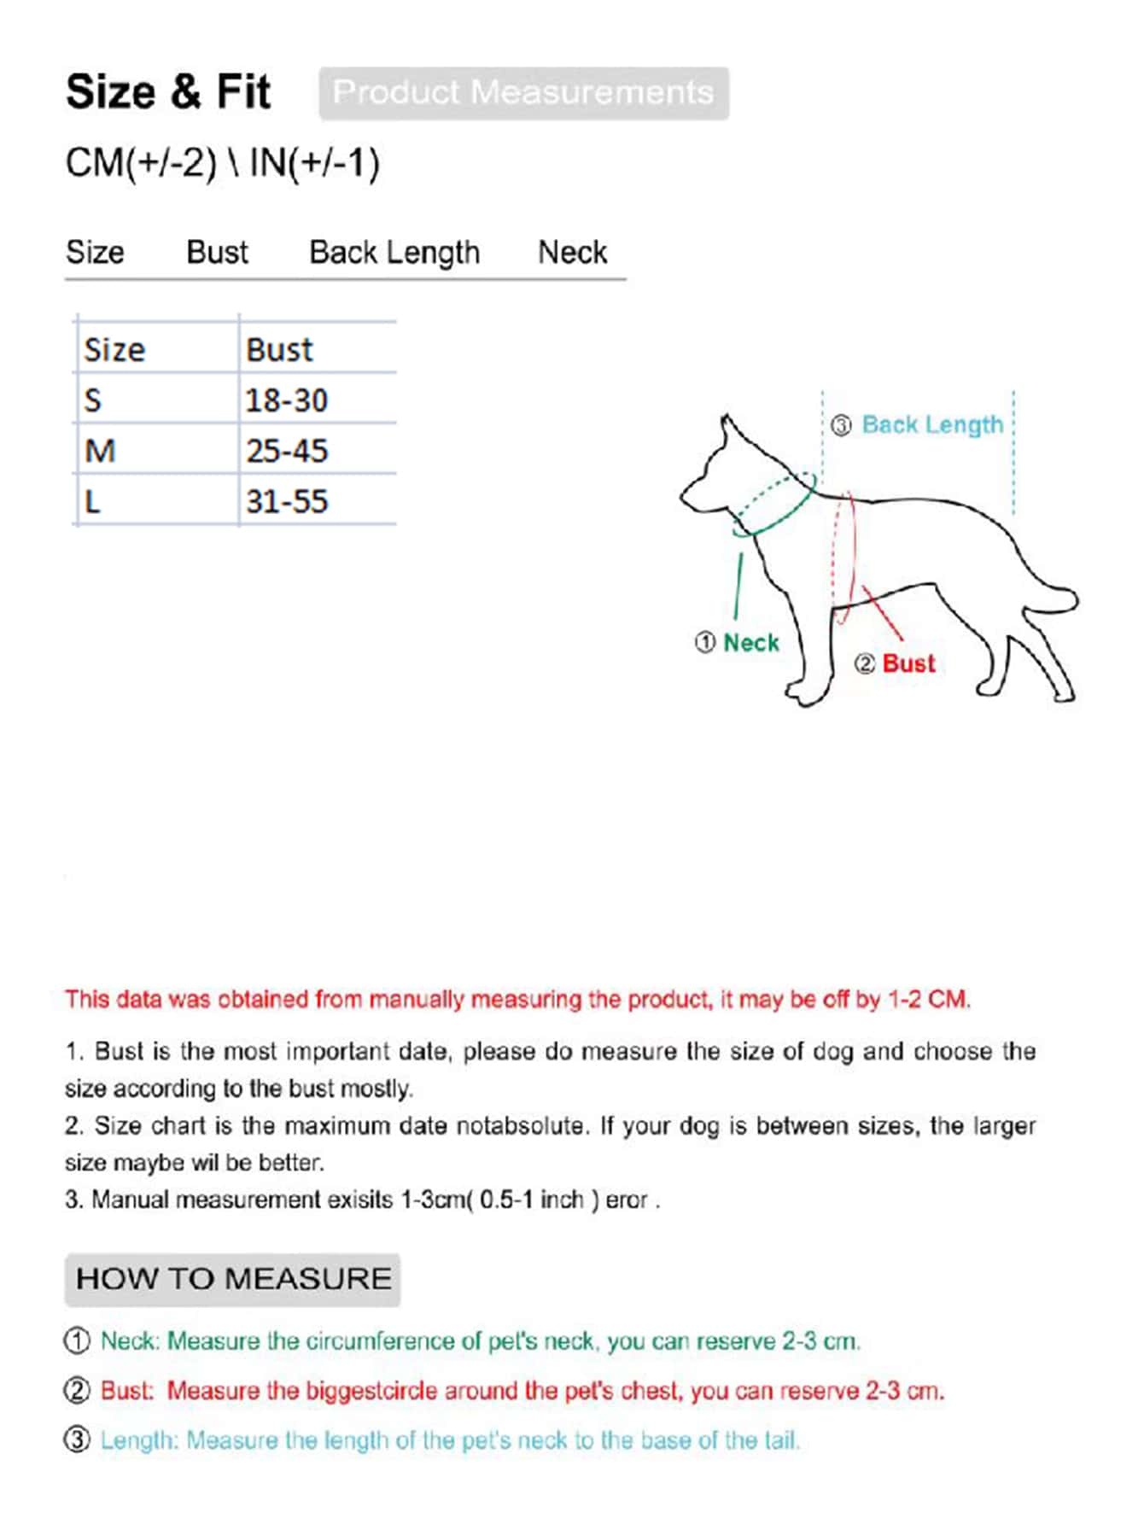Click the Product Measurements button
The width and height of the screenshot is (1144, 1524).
pos(523,93)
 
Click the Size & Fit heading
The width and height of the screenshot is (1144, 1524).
pos(168,92)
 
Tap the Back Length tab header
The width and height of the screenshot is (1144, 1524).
pos(394,253)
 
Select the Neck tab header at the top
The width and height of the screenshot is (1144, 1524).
pos(572,253)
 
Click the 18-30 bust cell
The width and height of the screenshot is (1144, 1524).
pos(286,400)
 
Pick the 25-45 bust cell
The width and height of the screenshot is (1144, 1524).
pos(286,451)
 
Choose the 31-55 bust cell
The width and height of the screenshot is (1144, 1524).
pos(286,501)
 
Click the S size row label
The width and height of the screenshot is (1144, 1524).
pos(93,400)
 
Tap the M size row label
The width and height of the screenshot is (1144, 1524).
pos(100,451)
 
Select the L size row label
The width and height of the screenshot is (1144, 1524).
pos(92,501)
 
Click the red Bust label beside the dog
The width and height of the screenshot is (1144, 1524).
pos(908,663)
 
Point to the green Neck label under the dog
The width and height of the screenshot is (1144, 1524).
pos(750,642)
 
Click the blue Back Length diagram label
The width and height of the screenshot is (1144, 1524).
pos(931,424)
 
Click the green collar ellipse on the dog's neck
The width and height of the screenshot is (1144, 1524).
pos(773,505)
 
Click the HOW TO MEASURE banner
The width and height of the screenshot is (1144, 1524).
pos(232,1279)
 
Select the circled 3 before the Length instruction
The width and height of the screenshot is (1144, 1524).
pos(77,1439)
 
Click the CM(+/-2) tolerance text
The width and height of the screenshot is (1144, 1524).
pos(141,163)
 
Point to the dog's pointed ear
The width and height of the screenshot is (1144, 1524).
pos(727,430)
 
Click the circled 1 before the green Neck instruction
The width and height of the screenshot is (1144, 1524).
pos(77,1340)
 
